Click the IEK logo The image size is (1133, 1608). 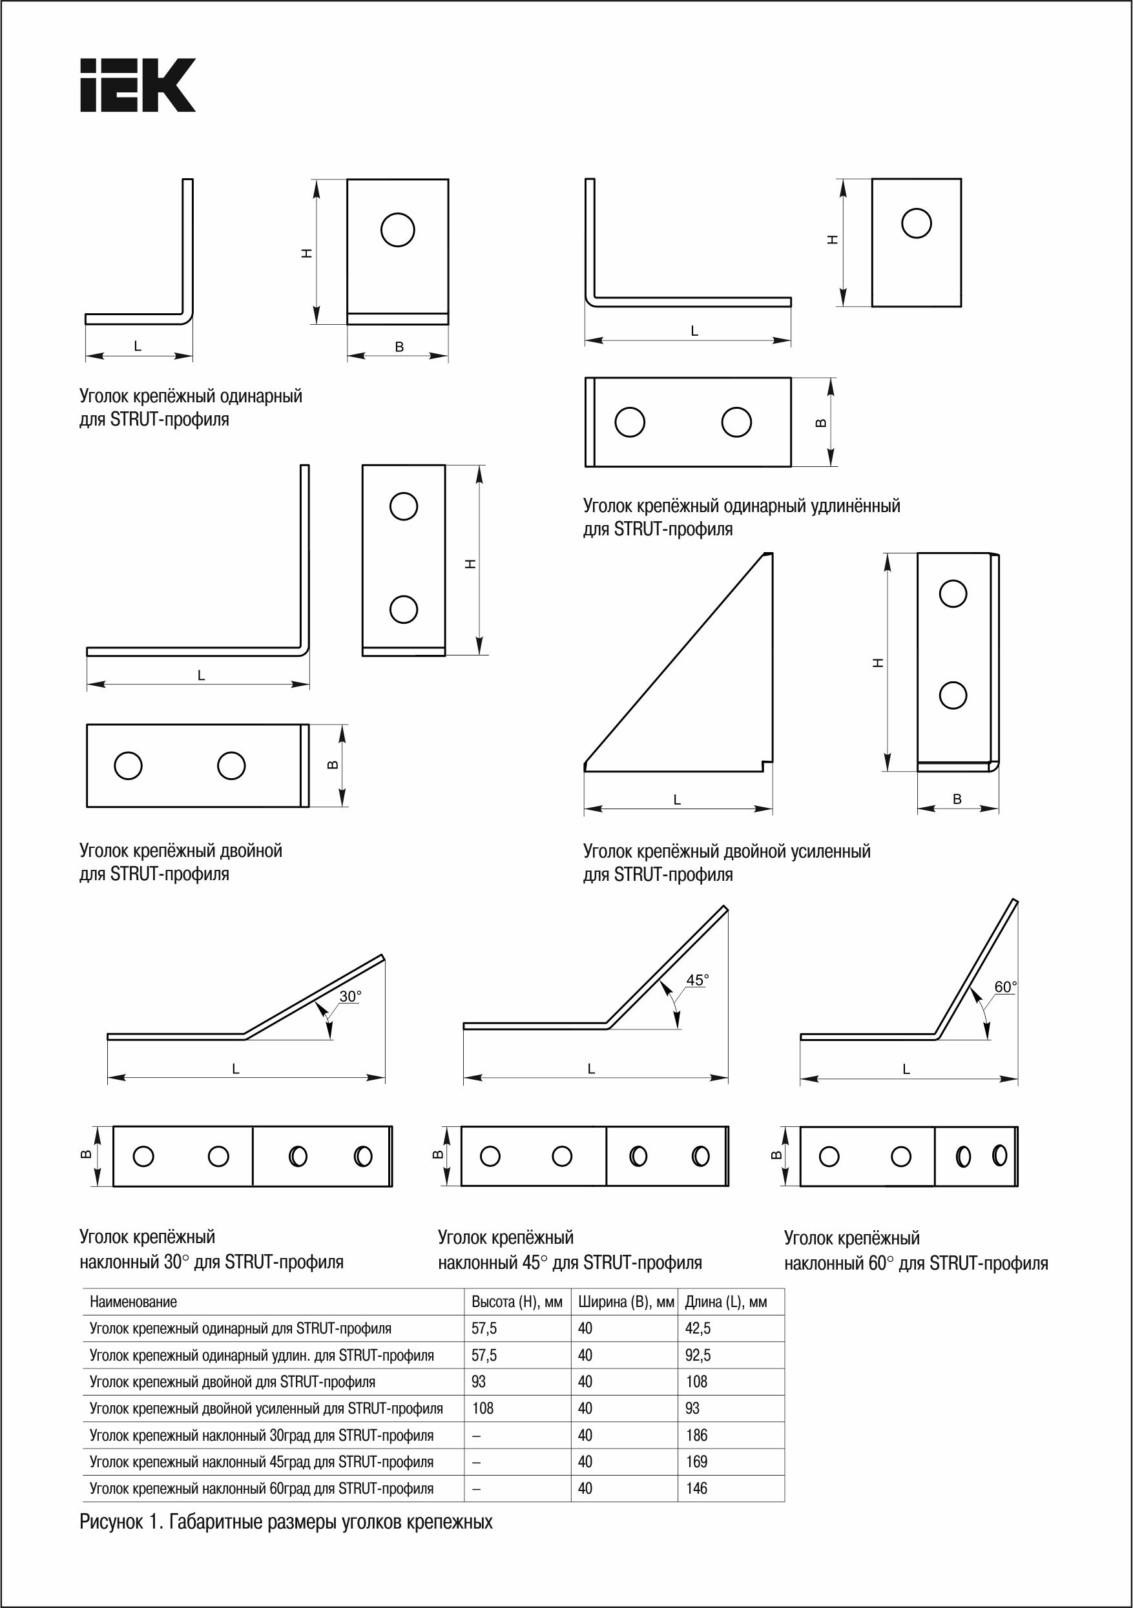point(138,85)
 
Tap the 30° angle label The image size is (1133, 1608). point(350,996)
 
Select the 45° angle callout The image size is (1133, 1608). point(697,980)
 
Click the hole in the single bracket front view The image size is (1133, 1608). point(397,229)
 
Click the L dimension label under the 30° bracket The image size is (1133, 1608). point(236,1069)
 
